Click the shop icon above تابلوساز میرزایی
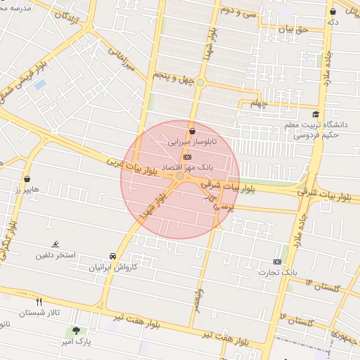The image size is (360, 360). point(192,131)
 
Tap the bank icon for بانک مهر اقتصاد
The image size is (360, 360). point(186,157)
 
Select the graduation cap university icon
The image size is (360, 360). point(316,114)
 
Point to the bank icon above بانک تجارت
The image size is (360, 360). point(277,262)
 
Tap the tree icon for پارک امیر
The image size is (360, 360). point(76,331)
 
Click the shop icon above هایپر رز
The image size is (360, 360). point(27,179)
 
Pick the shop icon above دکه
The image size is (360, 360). point(332,11)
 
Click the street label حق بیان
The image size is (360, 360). point(293,30)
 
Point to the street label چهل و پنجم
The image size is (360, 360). point(172,79)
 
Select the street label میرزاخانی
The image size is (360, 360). point(120,59)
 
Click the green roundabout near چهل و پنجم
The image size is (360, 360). point(200,82)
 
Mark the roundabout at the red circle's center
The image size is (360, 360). point(180,176)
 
